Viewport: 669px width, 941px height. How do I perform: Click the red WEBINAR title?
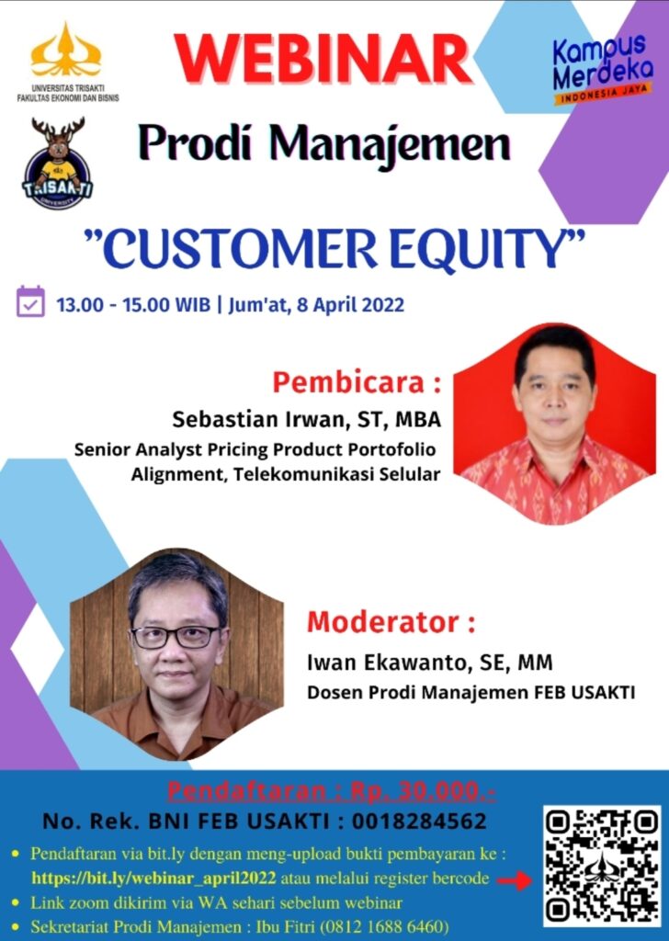point(323,60)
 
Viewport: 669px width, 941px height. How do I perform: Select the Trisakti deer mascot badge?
point(58,164)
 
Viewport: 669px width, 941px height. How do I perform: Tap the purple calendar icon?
point(30,301)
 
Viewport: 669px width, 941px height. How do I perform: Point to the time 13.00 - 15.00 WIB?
point(133,305)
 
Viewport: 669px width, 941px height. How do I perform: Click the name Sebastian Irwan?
point(258,419)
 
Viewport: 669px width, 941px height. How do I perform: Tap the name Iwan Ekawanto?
point(386,663)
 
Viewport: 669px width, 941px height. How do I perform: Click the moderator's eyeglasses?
point(176,636)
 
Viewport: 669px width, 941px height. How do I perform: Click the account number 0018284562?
point(419,821)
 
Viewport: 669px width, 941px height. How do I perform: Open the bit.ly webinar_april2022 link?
point(153,879)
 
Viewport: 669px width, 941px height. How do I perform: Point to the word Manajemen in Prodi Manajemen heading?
point(390,144)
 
